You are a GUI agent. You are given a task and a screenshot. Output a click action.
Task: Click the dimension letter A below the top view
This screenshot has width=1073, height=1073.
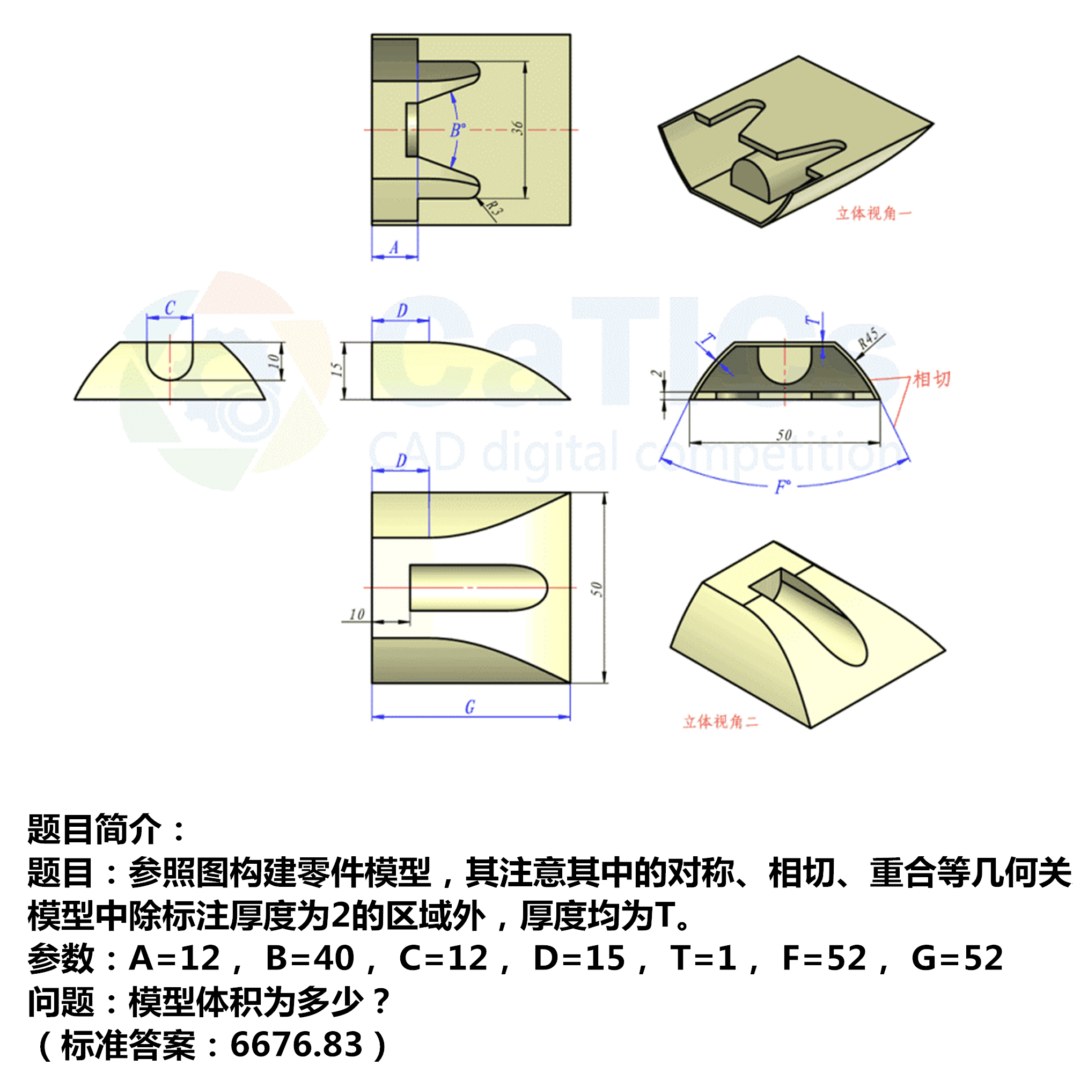pos(394,248)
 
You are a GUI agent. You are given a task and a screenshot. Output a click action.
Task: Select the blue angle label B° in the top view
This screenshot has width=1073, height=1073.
pos(457,130)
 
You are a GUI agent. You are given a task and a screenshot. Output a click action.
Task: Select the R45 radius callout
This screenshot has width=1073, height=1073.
pos(868,338)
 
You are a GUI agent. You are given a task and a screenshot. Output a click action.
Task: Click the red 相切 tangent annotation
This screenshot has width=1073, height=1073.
pos(932,379)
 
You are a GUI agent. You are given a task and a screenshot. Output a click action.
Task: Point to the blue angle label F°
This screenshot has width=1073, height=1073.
pos(783,488)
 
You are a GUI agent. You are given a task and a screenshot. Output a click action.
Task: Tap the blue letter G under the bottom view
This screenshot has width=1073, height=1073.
pos(470,708)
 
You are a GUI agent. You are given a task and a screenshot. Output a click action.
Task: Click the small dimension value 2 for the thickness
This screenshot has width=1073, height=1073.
pos(657,374)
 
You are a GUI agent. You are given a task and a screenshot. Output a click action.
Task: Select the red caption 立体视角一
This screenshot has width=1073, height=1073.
pos(873,214)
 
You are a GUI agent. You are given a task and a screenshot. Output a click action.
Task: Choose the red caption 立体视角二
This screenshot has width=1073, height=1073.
pos(721,722)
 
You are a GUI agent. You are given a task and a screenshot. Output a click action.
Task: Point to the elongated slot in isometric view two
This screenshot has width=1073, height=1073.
pos(817,616)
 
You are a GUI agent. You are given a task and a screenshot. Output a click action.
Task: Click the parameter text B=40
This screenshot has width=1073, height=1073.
pos(310,958)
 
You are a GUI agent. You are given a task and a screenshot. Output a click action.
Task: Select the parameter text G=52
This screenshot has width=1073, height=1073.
pos(958,958)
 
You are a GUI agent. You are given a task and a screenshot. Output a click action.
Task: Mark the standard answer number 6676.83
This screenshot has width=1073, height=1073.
pos(296,1045)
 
